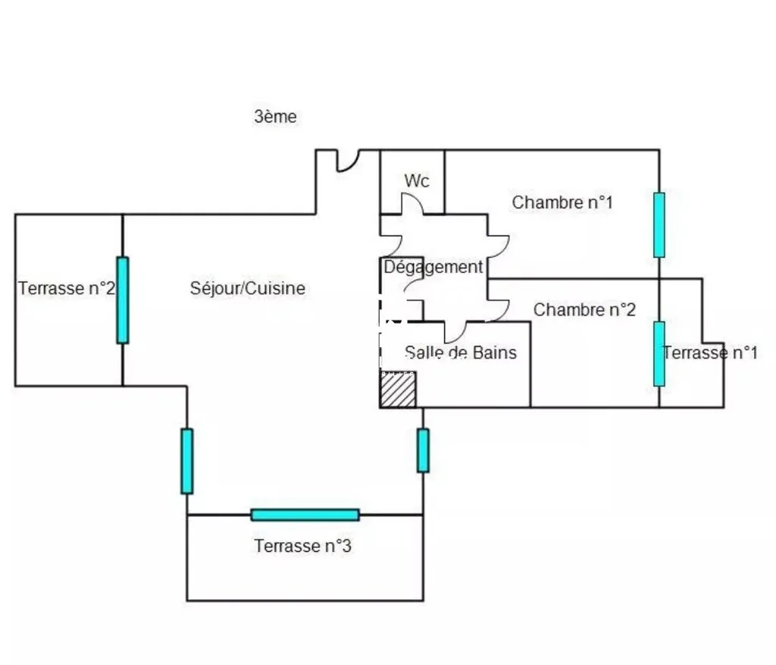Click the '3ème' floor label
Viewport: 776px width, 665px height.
pos(275,117)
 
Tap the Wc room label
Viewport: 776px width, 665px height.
pos(417,180)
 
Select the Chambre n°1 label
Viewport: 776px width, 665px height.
pos(562,202)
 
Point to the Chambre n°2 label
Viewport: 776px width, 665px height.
pos(584,310)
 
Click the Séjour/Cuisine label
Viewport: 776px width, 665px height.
pos(248,288)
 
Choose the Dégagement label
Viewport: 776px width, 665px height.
pos(433,268)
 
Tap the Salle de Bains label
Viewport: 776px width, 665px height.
pos(461,353)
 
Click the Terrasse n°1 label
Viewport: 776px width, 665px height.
pos(710,353)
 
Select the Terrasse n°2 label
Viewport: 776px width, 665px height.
pos(67,288)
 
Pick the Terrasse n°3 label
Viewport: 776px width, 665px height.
pos(303,546)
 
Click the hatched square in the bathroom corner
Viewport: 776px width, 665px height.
pos(398,390)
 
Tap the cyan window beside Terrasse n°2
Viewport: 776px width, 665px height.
pos(123,300)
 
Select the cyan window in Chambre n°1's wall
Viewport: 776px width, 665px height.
pos(659,225)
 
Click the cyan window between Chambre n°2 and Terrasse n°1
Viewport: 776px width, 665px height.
pos(659,354)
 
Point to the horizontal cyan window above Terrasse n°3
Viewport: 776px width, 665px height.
pos(305,515)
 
